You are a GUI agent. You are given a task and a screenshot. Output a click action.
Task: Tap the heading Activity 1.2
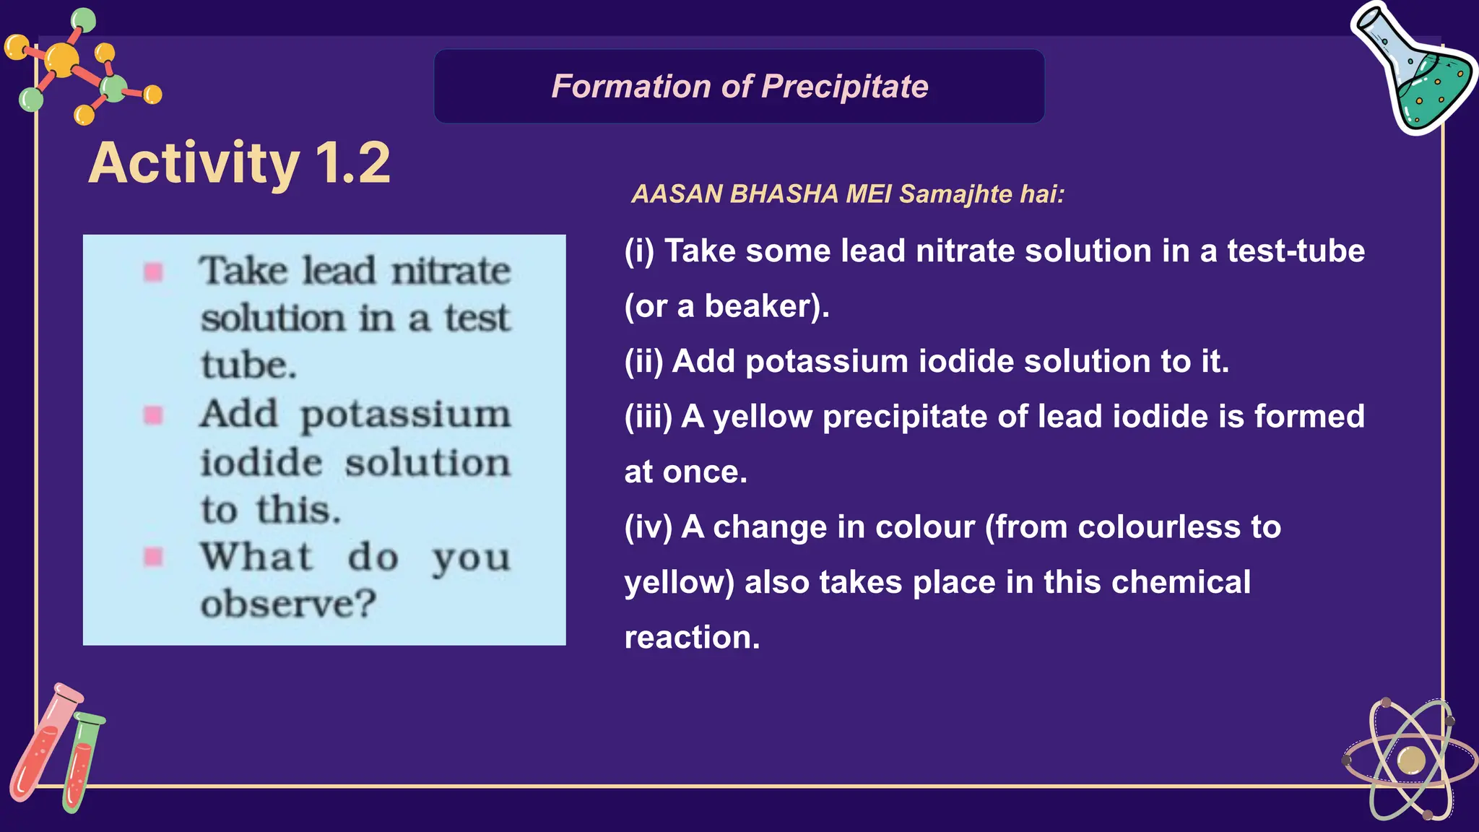click(239, 163)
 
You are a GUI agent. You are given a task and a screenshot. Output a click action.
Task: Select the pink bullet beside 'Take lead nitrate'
click(153, 272)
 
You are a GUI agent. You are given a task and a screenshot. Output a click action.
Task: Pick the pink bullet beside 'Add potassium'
click(153, 415)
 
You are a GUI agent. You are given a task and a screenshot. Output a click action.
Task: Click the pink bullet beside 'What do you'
click(153, 557)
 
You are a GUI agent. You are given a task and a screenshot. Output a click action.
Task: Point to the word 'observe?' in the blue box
click(288, 604)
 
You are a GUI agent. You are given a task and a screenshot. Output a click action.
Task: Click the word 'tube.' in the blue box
click(248, 365)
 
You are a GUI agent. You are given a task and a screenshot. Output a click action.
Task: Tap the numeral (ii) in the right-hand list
click(643, 361)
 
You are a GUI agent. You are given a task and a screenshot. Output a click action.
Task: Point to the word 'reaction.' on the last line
click(692, 638)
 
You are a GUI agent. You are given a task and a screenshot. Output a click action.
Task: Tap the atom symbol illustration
click(1410, 760)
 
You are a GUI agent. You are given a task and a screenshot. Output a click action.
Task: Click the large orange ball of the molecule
click(62, 59)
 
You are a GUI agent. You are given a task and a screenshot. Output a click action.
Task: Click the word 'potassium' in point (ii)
click(826, 361)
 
